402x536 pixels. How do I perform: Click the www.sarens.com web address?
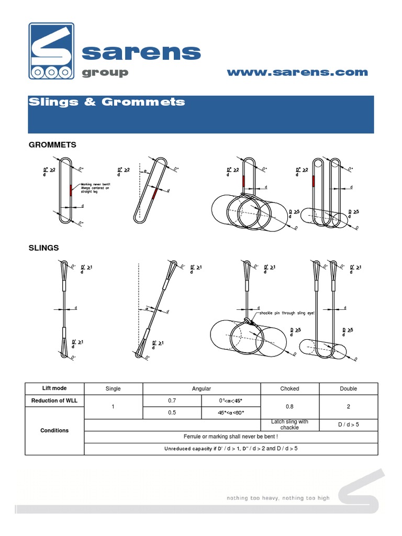(x=297, y=72)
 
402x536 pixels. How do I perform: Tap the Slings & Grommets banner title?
(x=106, y=102)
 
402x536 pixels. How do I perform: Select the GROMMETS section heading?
(x=52, y=144)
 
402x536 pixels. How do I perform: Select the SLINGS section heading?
(x=43, y=247)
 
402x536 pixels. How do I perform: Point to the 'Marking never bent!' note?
(x=96, y=188)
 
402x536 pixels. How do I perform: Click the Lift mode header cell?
(x=54, y=388)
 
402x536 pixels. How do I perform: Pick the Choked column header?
(x=289, y=388)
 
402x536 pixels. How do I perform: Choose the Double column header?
(x=348, y=388)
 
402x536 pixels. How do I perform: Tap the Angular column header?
(x=202, y=388)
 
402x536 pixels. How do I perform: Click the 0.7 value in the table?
(x=172, y=400)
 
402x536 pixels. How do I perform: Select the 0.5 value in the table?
(x=172, y=412)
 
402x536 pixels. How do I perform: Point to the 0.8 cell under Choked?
(x=289, y=406)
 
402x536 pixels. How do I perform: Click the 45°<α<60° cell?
(x=231, y=412)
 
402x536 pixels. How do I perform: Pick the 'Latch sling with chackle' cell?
(x=289, y=425)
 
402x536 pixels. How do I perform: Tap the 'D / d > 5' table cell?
(x=348, y=425)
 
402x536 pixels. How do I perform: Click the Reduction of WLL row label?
(x=54, y=400)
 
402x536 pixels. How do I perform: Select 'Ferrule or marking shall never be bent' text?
(x=231, y=437)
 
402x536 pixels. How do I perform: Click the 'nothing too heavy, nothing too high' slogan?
(x=278, y=498)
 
